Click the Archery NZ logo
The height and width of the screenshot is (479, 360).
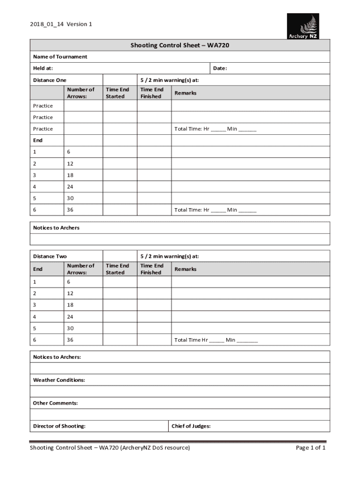coord(302,26)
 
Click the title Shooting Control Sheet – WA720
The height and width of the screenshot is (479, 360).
coord(180,45)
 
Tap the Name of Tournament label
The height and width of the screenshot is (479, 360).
coord(60,57)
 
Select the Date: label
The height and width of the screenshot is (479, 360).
coord(220,68)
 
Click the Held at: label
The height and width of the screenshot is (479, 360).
coord(43,68)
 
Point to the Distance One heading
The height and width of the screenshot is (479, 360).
coord(50,80)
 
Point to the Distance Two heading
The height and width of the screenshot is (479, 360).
coord(50,256)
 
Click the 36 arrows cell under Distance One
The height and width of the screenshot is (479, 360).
coord(70,210)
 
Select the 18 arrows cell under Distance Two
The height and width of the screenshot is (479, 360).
coord(70,305)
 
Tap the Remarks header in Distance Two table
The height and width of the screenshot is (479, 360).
coord(185,269)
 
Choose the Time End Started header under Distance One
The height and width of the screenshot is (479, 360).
coord(117,93)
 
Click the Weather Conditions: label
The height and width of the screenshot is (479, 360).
coord(59,380)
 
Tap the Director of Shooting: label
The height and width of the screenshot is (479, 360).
coord(59,426)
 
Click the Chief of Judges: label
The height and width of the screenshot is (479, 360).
coord(191,426)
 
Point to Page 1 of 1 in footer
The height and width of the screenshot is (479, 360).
coord(310,448)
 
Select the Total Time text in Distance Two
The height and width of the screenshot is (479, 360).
coord(216,340)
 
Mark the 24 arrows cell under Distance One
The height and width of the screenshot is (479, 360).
coord(70,187)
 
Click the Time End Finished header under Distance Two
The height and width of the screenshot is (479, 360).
coord(151,269)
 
